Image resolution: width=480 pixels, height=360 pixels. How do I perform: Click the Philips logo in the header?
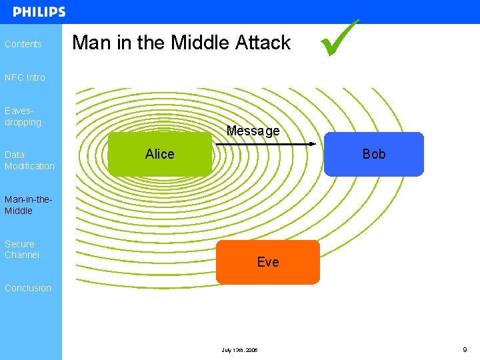pos(39,12)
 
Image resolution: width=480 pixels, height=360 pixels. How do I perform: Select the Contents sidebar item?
pos(23,44)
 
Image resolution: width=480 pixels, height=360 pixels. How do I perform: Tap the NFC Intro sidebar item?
pos(25,77)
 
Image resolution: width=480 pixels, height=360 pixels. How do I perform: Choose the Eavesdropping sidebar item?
pos(23,117)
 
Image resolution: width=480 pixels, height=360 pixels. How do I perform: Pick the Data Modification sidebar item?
pos(29,160)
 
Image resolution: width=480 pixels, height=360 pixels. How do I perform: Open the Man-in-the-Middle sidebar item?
pos(28,205)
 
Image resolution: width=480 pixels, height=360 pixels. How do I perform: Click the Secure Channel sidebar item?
pos(22,249)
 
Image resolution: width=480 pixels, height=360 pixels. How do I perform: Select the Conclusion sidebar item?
pos(28,288)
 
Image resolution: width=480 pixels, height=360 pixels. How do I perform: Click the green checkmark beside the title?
pos(339,39)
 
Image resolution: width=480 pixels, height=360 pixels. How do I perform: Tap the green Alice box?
pos(159,154)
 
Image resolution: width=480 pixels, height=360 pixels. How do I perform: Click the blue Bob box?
pos(374,154)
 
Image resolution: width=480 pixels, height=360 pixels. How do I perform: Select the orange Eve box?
pos(268,262)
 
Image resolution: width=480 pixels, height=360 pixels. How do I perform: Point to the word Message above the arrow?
pos(253,131)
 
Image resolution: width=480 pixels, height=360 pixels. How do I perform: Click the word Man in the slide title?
pos(91,43)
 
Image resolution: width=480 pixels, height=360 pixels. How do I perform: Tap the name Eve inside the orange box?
pos(268,262)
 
